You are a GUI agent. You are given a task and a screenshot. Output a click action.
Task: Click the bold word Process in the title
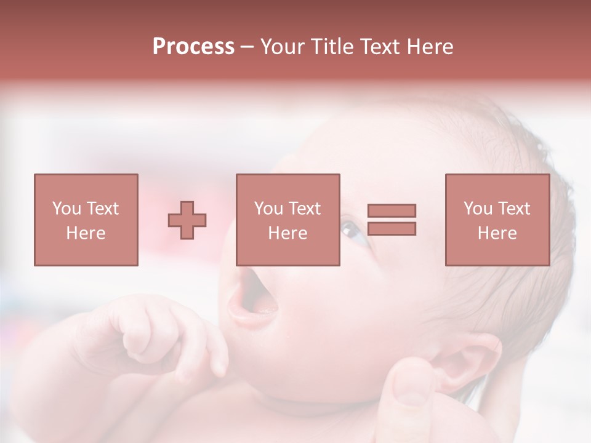click(193, 47)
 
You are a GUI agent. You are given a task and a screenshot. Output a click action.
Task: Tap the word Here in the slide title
click(430, 47)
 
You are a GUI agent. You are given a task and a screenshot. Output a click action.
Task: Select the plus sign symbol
click(187, 220)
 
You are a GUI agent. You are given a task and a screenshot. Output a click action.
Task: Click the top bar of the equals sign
click(392, 210)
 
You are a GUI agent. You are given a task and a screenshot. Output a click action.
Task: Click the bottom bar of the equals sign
click(392, 229)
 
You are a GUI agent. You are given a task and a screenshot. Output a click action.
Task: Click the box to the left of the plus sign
click(86, 220)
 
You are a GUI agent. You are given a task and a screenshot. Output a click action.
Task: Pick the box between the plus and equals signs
click(287, 220)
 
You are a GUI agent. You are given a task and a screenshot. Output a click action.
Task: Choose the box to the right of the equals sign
click(497, 220)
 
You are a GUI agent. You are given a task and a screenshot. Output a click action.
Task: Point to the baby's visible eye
click(353, 231)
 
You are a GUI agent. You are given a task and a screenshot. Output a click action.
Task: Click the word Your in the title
click(283, 47)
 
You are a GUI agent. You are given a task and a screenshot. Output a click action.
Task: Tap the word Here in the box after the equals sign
click(497, 233)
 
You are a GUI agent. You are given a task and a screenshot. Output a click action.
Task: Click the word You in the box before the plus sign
click(66, 209)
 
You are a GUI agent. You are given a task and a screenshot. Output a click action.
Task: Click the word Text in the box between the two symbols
click(305, 209)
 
